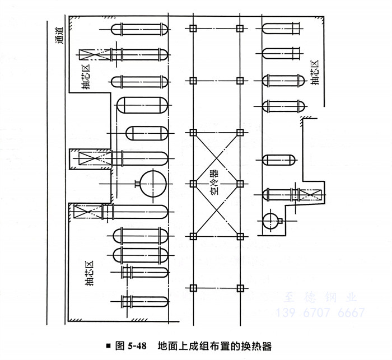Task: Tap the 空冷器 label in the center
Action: (x=216, y=183)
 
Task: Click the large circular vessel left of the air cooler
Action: (x=153, y=183)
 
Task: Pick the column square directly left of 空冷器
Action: (x=193, y=183)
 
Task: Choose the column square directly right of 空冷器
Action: (x=240, y=183)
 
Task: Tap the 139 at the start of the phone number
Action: (x=287, y=312)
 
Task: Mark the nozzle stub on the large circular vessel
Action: (x=137, y=183)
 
